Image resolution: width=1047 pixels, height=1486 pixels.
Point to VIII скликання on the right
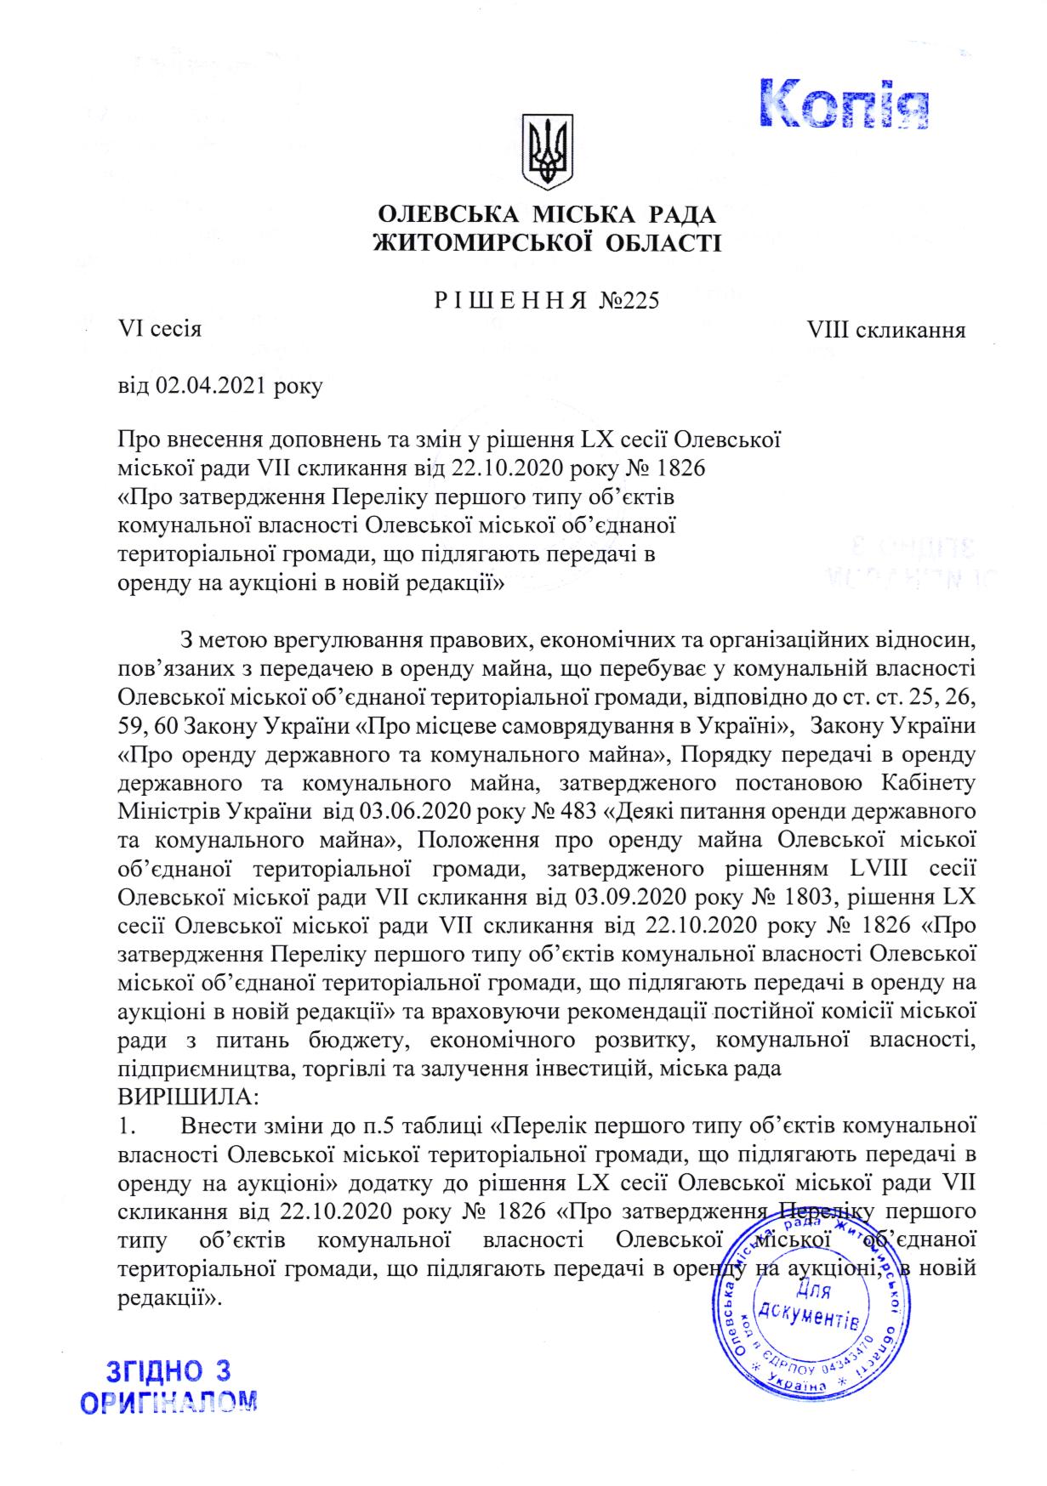click(891, 329)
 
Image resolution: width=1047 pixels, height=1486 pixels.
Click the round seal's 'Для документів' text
click(806, 1306)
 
